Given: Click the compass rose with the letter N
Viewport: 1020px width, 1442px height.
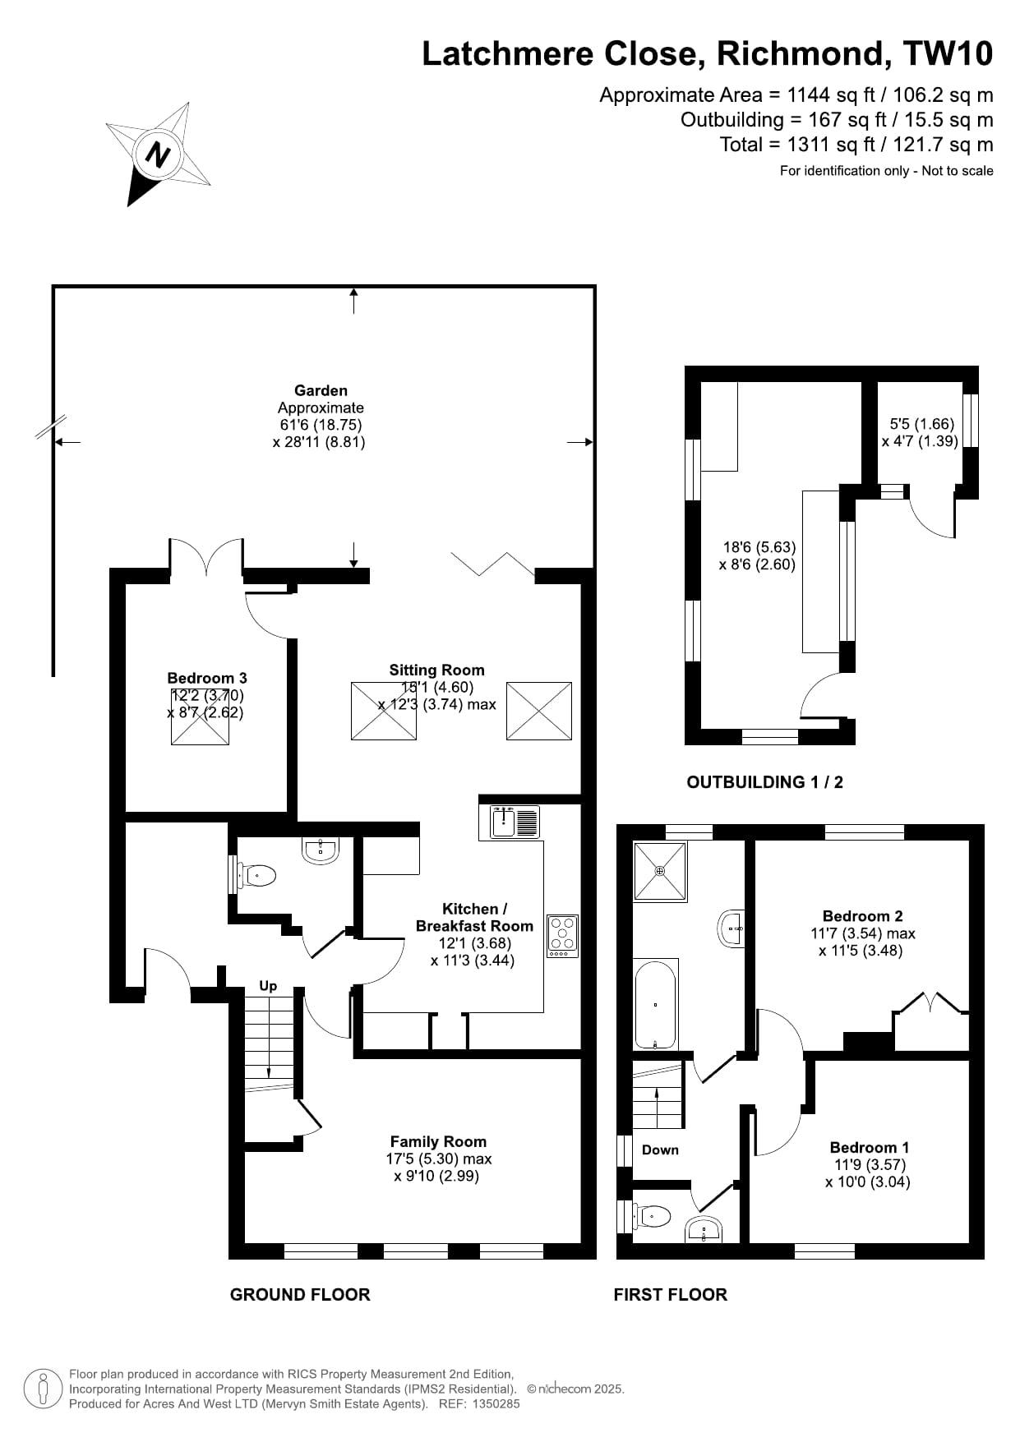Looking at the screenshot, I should pyautogui.click(x=158, y=154).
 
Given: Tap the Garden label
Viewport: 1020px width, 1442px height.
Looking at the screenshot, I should pyautogui.click(x=321, y=390).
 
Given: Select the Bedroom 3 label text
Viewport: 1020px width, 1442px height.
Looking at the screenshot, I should pyautogui.click(x=206, y=678).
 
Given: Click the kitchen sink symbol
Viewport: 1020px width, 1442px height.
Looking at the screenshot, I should pyautogui.click(x=515, y=822).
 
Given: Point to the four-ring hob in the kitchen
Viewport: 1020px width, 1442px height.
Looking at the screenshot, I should pyautogui.click(x=562, y=935).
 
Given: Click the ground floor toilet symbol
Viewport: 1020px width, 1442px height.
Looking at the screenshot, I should pyautogui.click(x=257, y=876).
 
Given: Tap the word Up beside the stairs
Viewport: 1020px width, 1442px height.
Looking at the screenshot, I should pyautogui.click(x=268, y=986).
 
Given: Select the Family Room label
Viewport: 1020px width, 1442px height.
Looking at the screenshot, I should pyautogui.click(x=438, y=1141).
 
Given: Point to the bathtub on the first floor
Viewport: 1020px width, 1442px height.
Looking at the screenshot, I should pyautogui.click(x=655, y=1003).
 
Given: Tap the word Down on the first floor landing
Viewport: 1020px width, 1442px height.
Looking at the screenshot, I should pyautogui.click(x=660, y=1149).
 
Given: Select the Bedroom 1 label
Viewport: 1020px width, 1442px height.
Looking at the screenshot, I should pyautogui.click(x=869, y=1147).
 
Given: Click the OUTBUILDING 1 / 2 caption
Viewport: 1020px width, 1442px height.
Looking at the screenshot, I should pyautogui.click(x=764, y=782).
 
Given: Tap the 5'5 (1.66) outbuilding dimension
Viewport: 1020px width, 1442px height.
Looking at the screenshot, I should pyautogui.click(x=921, y=424).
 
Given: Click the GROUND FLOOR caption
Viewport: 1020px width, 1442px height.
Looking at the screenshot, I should pyautogui.click(x=300, y=1295).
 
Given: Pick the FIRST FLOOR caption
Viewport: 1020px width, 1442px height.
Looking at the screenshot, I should pyautogui.click(x=670, y=1295).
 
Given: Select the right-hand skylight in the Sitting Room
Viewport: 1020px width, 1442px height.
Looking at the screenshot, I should pyautogui.click(x=538, y=710).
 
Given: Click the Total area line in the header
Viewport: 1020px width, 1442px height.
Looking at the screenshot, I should pyautogui.click(x=856, y=145).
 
